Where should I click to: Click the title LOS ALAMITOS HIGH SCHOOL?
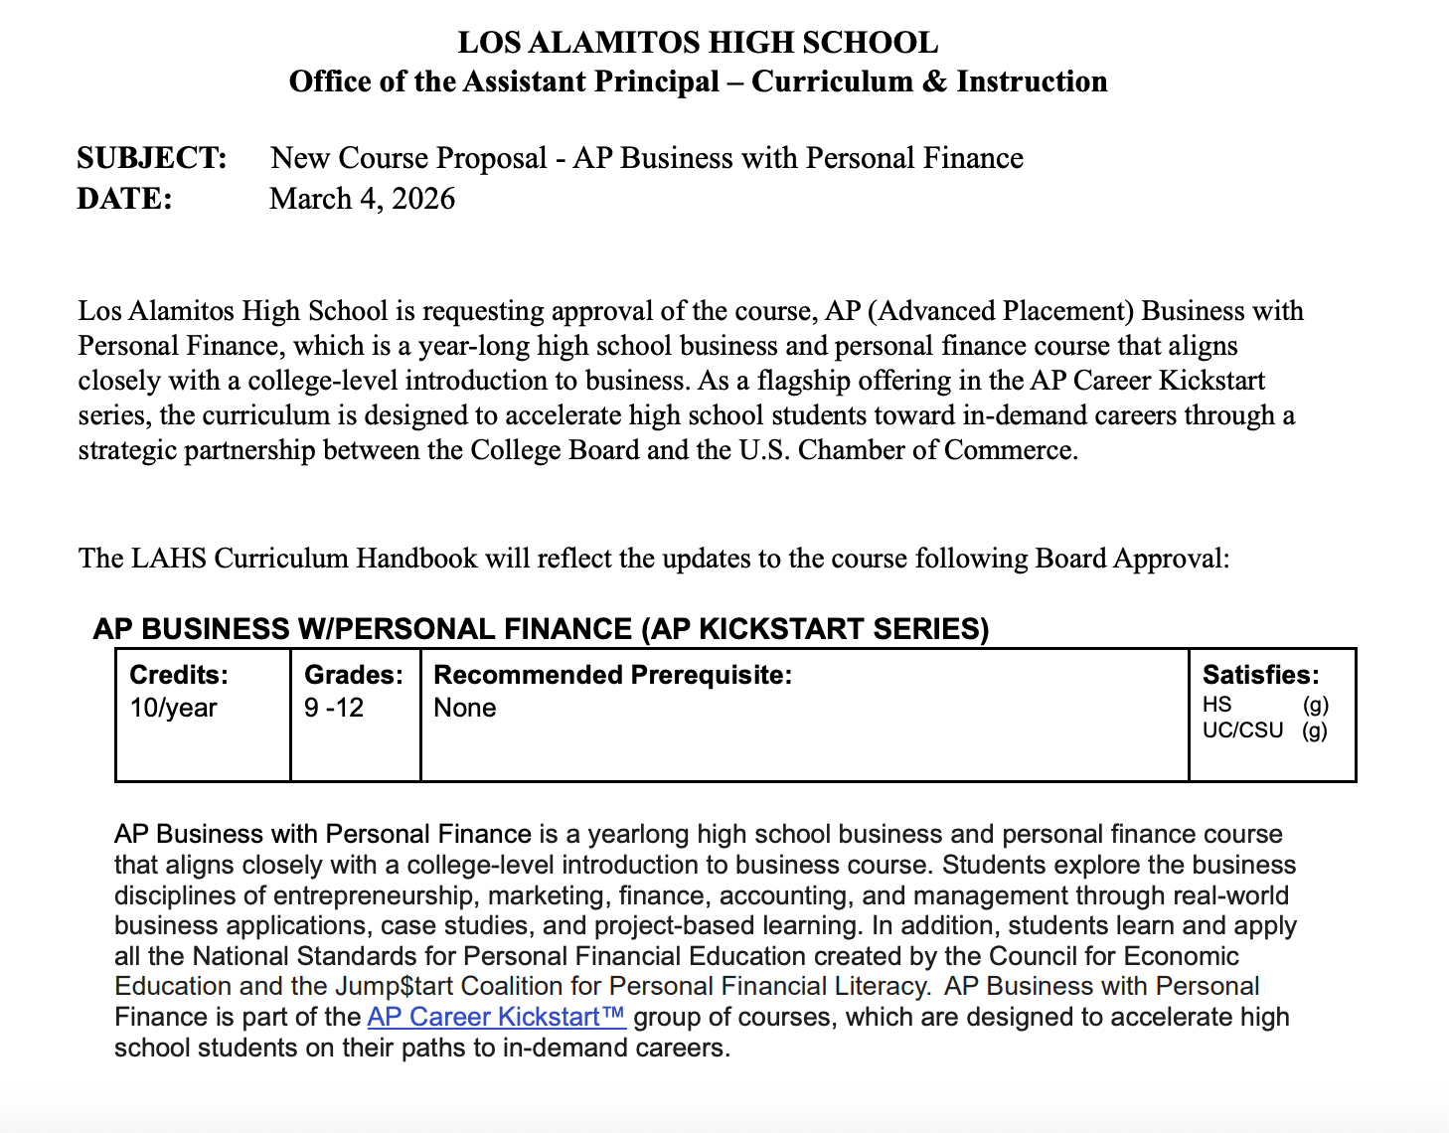coord(698,43)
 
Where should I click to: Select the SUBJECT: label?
coord(152,158)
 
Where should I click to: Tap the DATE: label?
coord(125,199)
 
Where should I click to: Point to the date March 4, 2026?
coord(362,199)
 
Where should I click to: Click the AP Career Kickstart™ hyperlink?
coord(496,1017)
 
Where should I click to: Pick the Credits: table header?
coord(179,675)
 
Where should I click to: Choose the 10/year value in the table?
coord(173,708)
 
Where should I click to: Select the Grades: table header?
coord(354,675)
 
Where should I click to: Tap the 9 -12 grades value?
coord(334,708)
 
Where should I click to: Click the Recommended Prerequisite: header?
coord(613,675)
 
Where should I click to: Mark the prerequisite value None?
coord(465,708)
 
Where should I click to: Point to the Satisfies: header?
coord(1261,675)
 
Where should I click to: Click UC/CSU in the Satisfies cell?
coord(1242,730)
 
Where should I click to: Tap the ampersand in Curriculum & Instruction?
coord(934,81)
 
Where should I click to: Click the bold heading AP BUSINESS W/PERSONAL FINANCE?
coord(541,629)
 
